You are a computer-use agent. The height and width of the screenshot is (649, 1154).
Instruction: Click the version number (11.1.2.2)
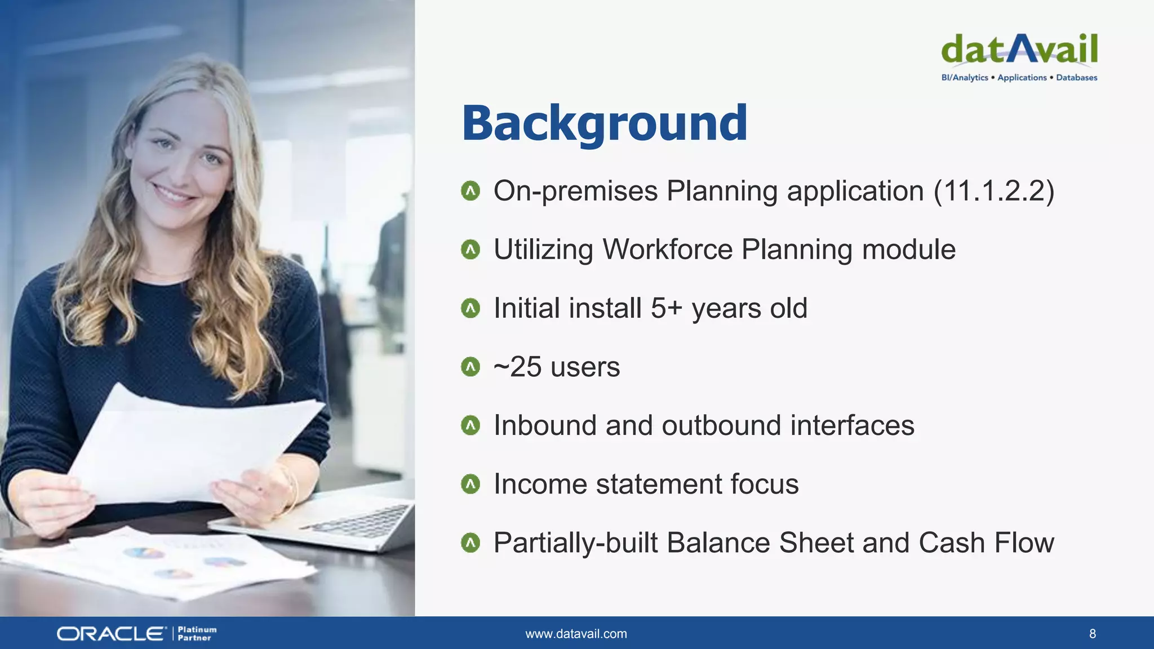tap(993, 191)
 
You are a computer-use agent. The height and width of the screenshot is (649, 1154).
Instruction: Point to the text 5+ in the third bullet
tap(666, 308)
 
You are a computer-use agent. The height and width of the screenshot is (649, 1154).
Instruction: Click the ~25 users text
tap(556, 367)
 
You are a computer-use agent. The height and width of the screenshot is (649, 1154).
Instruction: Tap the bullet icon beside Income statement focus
tap(470, 484)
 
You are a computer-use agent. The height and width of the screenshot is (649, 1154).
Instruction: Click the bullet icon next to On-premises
tap(470, 191)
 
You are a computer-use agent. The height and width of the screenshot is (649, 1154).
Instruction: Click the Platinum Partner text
tap(197, 634)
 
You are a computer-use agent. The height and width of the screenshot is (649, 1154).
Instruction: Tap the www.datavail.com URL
tap(576, 634)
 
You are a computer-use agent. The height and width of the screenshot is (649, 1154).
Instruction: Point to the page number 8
tap(1092, 634)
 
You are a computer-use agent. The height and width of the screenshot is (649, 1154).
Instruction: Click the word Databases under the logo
tap(1076, 78)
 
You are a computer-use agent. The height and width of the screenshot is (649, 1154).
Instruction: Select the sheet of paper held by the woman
tap(186, 445)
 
